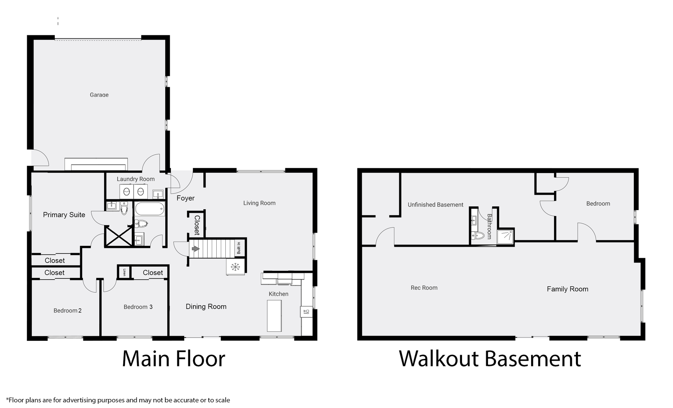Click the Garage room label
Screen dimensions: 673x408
(x=99, y=95)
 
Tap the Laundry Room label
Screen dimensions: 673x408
(x=136, y=179)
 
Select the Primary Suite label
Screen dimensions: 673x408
(x=64, y=215)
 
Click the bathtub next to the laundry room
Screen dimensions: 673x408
(x=150, y=209)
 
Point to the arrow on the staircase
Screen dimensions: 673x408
(x=196, y=249)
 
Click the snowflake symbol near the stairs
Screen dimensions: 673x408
(x=236, y=267)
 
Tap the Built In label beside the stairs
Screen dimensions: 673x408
(x=239, y=248)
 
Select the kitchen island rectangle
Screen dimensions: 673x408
(x=274, y=315)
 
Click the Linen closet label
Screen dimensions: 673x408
(x=124, y=272)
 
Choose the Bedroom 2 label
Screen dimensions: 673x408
(x=68, y=311)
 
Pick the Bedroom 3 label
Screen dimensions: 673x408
(x=138, y=307)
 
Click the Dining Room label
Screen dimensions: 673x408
(x=206, y=307)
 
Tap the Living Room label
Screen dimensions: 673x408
(x=259, y=203)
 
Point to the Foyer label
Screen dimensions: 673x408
(x=186, y=198)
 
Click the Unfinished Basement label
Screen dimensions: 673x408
(x=436, y=205)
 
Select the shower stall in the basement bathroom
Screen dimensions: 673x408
(x=506, y=237)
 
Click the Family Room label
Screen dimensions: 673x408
(x=568, y=289)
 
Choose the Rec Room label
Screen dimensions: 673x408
(x=424, y=288)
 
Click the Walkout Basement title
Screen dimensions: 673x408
(x=490, y=359)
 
